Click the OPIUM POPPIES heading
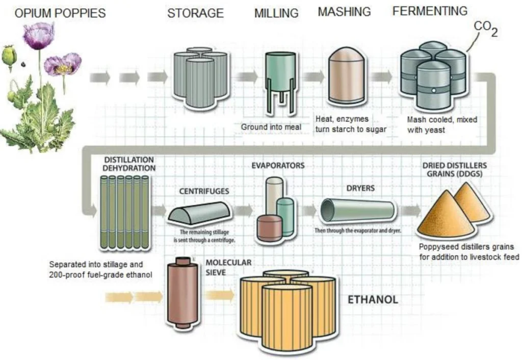pos(60,13)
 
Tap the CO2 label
pos(486,29)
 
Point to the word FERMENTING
pos(430,11)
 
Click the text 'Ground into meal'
pos(271,127)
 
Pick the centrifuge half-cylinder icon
pos(199,213)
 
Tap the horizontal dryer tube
pos(357,211)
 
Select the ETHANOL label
pos(373,299)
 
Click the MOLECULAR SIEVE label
pos(228,267)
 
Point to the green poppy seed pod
pos(9,57)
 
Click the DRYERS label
pos(360,188)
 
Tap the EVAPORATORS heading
pos(278,166)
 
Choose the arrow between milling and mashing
pos(314,77)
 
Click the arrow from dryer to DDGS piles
pos(411,211)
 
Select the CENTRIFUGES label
pos(204,191)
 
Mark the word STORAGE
pos(195,13)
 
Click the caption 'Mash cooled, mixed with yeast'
pos(442,124)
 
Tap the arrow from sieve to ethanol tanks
pos(219,295)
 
